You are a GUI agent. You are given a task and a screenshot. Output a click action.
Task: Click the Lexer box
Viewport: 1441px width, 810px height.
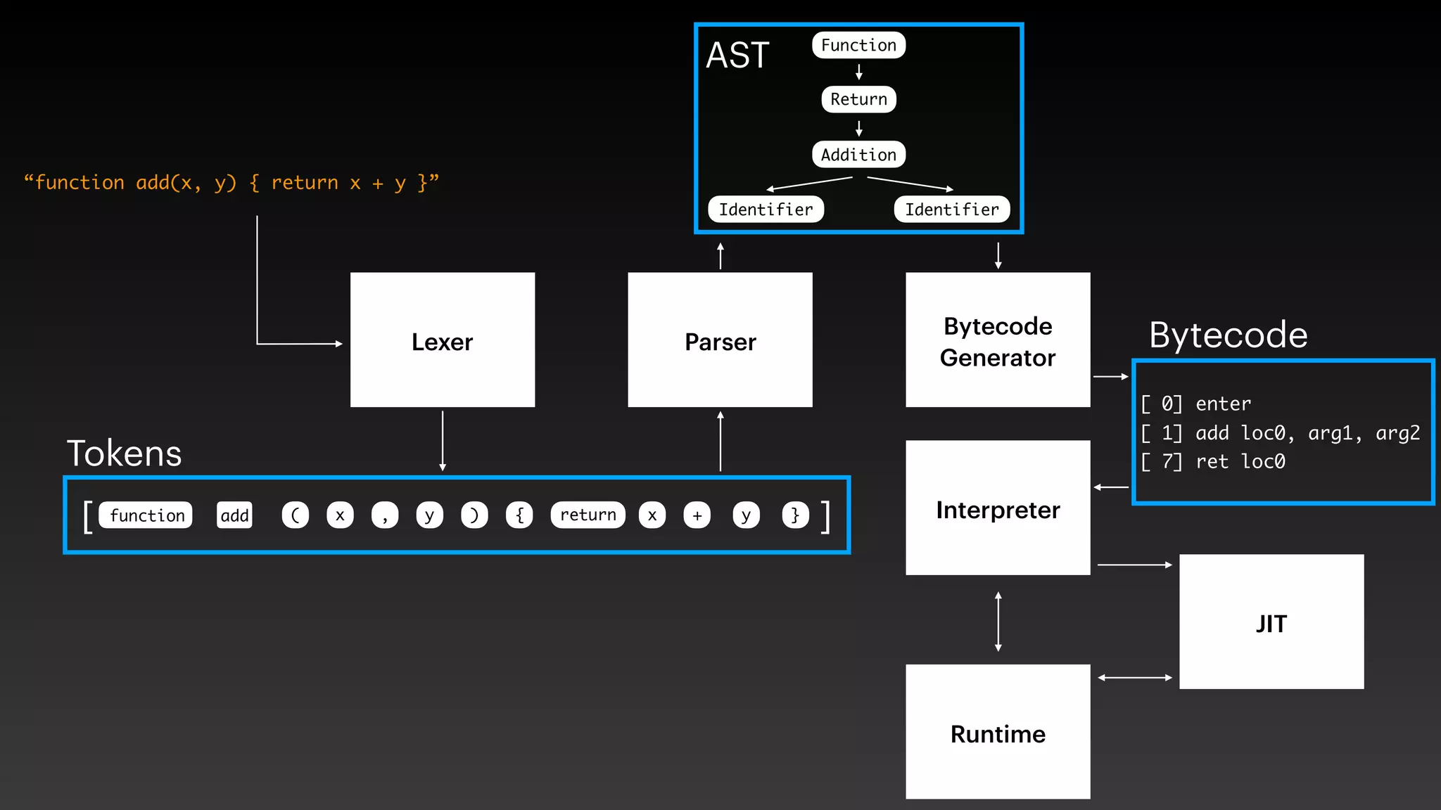point(443,340)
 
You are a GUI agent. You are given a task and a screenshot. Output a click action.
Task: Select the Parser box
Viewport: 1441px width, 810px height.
point(720,340)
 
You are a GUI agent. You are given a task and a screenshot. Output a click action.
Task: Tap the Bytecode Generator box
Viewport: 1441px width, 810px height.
point(998,340)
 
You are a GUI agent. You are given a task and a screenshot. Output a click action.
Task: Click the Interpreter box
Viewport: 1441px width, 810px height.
point(998,508)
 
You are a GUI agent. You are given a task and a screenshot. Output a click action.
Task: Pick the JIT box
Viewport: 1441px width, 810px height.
point(1271,622)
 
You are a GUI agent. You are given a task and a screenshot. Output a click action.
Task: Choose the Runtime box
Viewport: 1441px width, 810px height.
point(998,731)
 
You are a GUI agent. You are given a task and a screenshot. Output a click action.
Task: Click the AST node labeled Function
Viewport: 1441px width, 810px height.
point(858,45)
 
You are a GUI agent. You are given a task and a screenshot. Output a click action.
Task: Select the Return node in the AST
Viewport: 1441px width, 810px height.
point(858,99)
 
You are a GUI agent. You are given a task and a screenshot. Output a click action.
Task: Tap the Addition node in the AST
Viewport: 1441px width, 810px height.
point(858,155)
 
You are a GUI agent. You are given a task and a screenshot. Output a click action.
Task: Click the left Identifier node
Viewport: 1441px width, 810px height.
point(766,210)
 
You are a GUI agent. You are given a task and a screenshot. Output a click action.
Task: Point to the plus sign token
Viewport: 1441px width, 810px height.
point(697,515)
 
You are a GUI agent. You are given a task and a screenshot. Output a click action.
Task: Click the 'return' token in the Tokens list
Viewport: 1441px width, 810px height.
point(588,515)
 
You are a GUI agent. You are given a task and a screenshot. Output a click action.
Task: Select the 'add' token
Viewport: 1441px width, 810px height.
point(234,515)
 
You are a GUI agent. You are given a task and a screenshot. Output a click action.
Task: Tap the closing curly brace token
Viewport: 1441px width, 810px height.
point(795,515)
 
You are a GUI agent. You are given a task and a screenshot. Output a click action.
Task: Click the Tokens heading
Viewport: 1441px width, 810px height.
point(124,454)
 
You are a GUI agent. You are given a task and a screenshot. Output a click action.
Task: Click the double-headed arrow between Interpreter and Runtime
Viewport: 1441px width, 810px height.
point(998,621)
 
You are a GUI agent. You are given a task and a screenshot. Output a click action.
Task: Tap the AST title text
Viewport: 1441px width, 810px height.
point(737,55)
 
